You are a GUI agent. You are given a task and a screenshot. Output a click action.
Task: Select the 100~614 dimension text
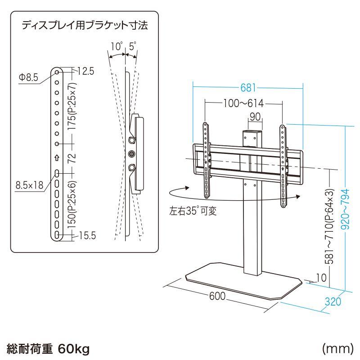click(x=243, y=103)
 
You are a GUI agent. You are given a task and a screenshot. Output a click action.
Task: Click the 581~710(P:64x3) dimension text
click(x=330, y=227)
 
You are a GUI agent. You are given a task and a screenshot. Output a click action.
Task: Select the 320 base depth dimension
click(x=333, y=301)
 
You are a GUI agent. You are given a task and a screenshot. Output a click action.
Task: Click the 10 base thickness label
click(x=320, y=278)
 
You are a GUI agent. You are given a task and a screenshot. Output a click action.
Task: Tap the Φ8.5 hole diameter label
click(x=28, y=77)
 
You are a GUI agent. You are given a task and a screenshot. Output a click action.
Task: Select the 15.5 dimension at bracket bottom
click(x=87, y=235)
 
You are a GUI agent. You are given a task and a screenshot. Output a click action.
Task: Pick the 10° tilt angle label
click(x=117, y=46)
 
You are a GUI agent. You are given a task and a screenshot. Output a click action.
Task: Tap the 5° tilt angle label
click(x=132, y=46)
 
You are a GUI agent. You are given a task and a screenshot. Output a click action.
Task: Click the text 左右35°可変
click(x=193, y=211)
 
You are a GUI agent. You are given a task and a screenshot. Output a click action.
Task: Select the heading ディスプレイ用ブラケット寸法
click(x=85, y=26)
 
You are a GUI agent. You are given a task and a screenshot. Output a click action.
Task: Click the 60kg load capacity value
click(x=74, y=348)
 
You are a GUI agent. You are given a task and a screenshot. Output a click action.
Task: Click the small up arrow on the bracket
click(x=57, y=158)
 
